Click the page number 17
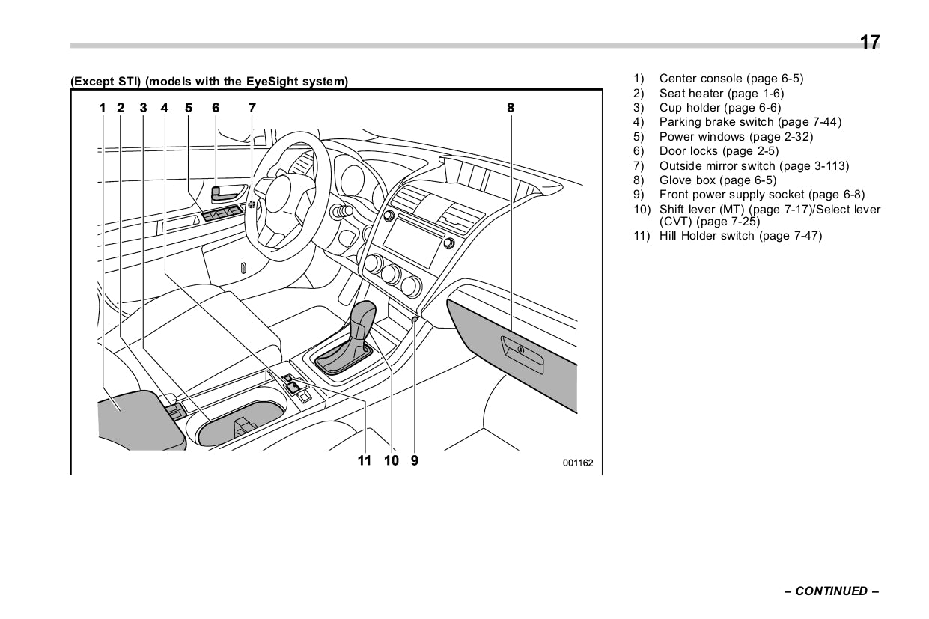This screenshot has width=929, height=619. [x=869, y=43]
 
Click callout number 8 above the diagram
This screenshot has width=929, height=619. [x=511, y=108]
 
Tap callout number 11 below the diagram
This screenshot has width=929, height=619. [x=365, y=460]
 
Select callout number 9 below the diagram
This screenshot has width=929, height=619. [x=415, y=460]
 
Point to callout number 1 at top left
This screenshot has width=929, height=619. [x=103, y=108]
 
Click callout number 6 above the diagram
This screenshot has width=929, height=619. [x=216, y=108]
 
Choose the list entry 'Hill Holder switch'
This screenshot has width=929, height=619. [x=740, y=236]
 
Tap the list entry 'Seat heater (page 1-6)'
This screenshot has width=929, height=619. [x=721, y=94]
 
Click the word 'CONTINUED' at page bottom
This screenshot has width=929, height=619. [x=831, y=591]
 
